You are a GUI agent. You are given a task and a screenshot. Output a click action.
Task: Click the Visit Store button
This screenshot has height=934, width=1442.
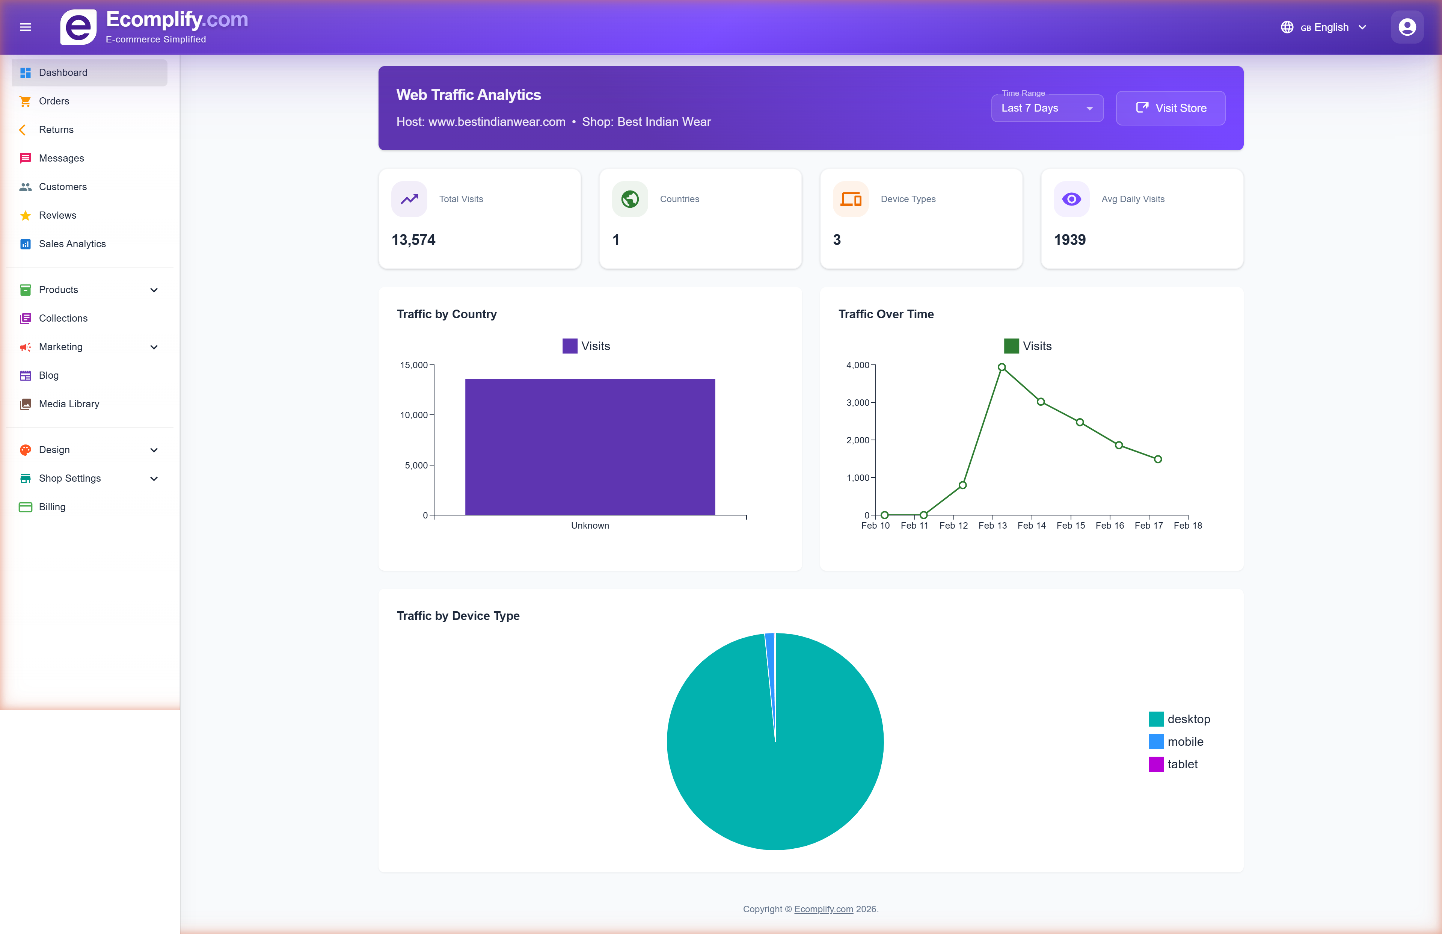coord(1170,108)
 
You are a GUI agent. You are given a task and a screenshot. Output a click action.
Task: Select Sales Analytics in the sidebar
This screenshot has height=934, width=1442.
coord(72,244)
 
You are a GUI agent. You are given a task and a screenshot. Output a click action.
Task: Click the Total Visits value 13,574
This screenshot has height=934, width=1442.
coord(413,240)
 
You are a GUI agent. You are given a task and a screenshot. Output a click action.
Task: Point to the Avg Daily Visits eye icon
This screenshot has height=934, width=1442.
coord(1071,199)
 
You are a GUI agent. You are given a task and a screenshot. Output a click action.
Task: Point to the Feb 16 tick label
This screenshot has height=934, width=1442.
coord(1109,526)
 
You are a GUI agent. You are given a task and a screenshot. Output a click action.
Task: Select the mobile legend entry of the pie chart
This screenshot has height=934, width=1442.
coord(1184,741)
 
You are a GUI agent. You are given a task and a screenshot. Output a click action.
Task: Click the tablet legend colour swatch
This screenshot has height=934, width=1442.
coord(1156,764)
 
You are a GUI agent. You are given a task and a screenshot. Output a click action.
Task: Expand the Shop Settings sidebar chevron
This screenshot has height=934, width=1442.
coord(154,478)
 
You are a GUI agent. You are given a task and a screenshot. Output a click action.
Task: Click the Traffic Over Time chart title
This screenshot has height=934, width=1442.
coord(886,314)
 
